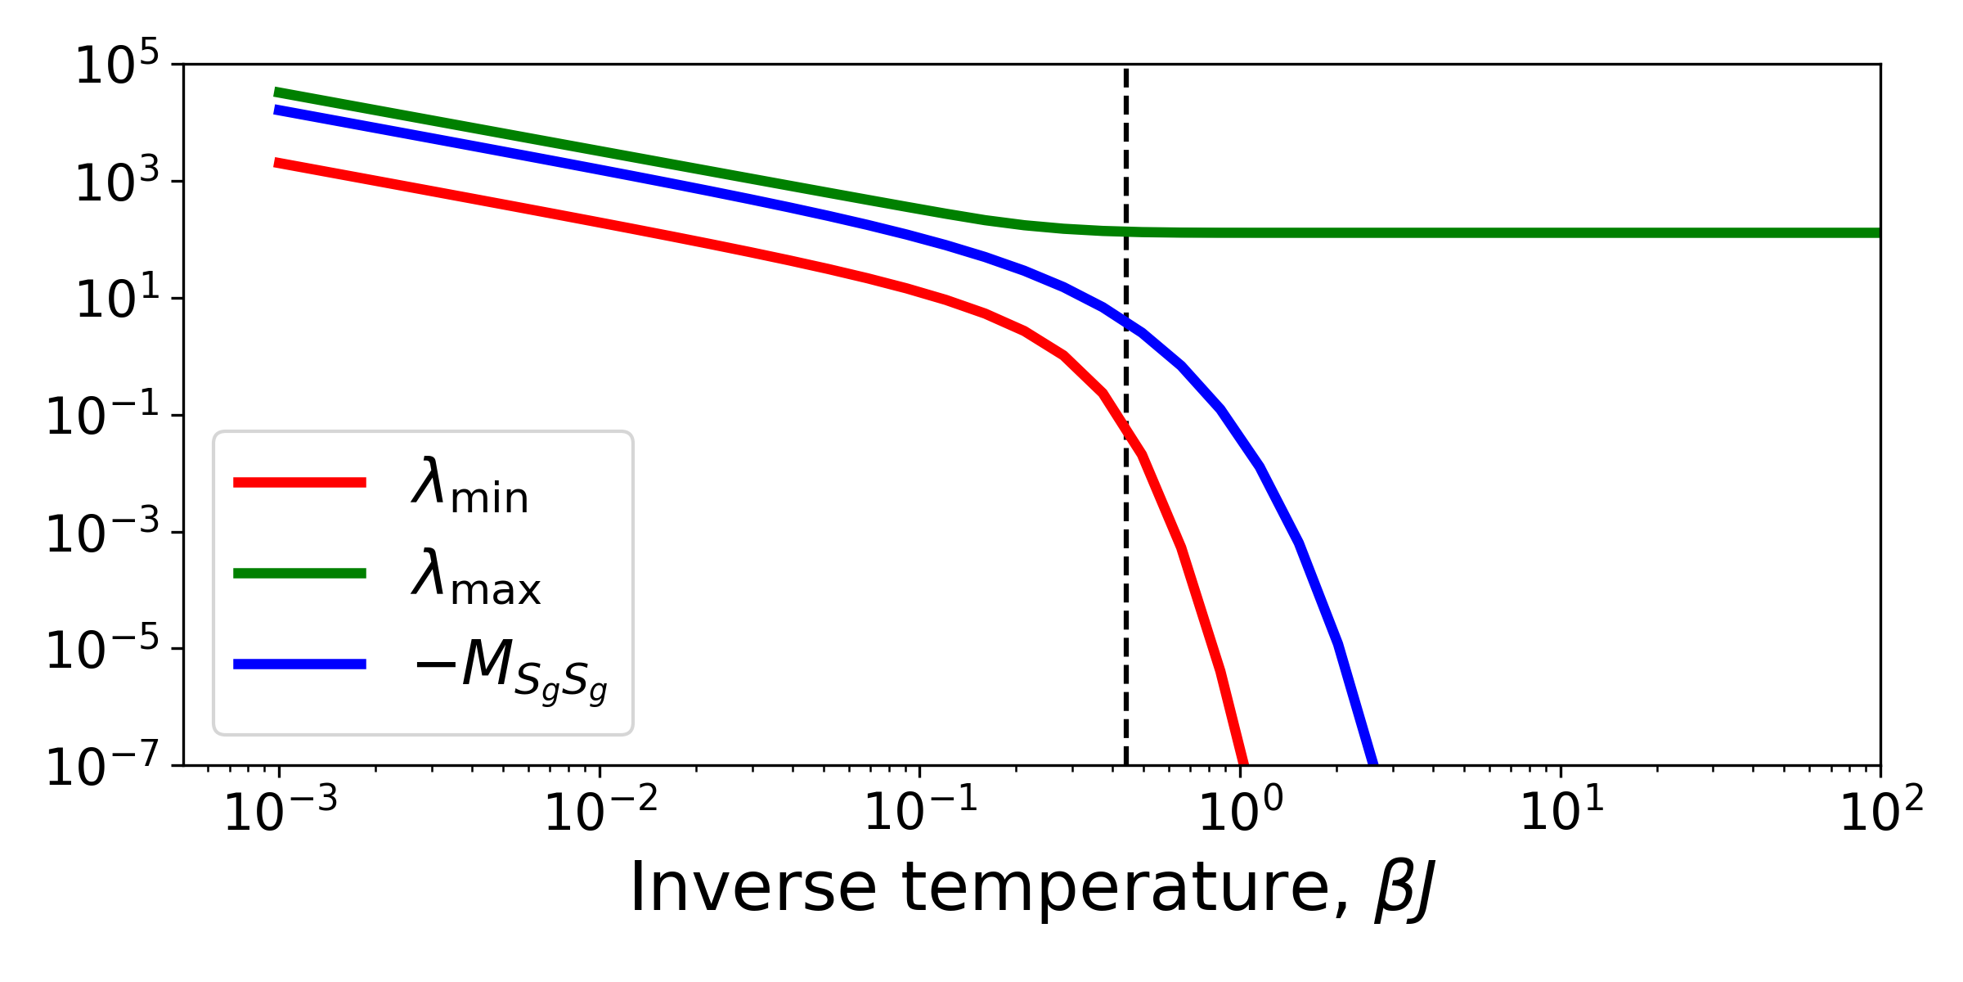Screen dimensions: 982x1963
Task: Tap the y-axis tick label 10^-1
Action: (103, 417)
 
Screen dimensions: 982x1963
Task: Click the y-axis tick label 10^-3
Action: (103, 534)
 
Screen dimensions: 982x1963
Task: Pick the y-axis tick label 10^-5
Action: (103, 651)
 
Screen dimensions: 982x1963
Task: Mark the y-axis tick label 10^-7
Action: (103, 768)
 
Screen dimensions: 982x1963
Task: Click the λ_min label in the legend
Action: (470, 487)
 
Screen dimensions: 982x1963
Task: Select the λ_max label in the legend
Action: (476, 577)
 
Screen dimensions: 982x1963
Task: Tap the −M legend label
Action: (511, 669)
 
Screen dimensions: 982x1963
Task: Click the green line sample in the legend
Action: (299, 573)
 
